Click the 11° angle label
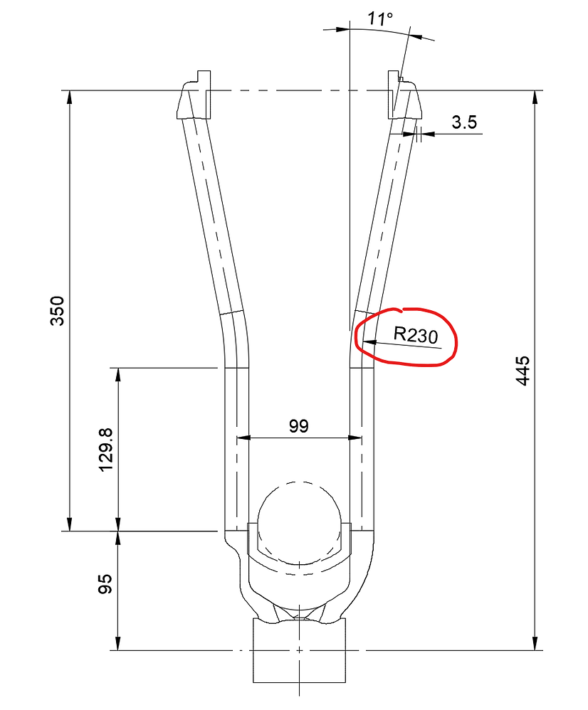[x=380, y=18]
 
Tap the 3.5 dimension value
[x=463, y=122]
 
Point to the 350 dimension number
[x=58, y=310]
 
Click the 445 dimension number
[x=523, y=370]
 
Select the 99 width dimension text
[x=298, y=426]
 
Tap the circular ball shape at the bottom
[x=298, y=521]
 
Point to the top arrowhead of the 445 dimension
[x=535, y=96]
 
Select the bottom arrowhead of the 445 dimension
[x=535, y=644]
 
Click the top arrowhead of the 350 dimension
[x=69, y=96]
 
